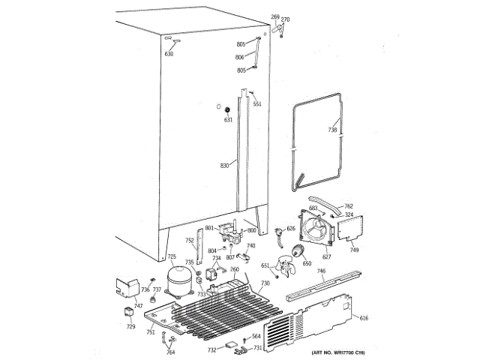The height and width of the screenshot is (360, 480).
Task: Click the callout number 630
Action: [169, 54]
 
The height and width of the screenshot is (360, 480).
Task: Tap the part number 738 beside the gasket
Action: [333, 130]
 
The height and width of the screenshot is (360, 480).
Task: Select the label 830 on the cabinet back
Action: [223, 165]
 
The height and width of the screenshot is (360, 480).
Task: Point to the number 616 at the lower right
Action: [364, 319]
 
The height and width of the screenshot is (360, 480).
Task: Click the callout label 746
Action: [321, 271]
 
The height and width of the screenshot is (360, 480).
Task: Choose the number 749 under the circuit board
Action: [354, 250]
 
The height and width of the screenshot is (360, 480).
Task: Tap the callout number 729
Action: [131, 327]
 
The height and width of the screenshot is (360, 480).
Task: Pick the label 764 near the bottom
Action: [170, 352]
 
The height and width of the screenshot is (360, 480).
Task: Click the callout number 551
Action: [257, 104]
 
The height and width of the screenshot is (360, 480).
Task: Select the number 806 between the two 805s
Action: [239, 57]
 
